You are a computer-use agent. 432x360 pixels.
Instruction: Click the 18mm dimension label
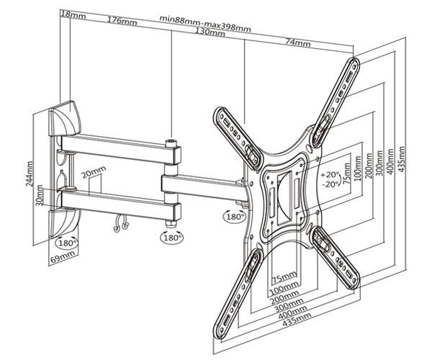pyautogui.click(x=70, y=14)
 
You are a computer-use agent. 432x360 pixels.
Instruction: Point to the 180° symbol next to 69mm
pyautogui.click(x=69, y=241)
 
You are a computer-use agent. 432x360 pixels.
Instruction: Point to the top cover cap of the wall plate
pyautogui.click(x=66, y=116)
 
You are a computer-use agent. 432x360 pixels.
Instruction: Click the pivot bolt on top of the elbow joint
pyautogui.click(x=171, y=143)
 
